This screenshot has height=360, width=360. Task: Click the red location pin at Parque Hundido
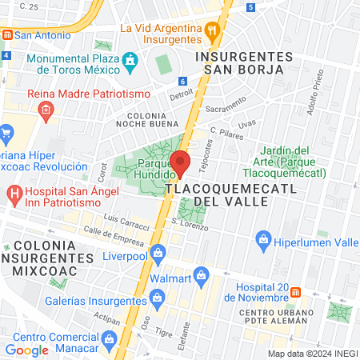181,162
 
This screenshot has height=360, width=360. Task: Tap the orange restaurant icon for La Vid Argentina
212,33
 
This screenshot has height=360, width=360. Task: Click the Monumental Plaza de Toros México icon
130,61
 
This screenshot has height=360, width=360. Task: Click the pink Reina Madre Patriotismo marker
46,108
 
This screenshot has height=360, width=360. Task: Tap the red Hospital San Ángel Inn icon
14,193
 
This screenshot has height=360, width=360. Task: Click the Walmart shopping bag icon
202,279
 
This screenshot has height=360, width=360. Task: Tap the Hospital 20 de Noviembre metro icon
295,294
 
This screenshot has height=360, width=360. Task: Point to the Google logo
26,350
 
